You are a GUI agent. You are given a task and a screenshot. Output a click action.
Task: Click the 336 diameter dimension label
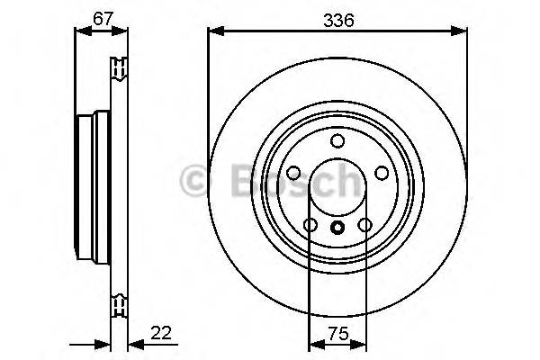coord(338,16)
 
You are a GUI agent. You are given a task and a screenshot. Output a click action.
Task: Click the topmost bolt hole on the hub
coord(337,140)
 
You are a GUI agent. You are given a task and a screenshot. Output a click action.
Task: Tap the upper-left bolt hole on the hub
coord(294,173)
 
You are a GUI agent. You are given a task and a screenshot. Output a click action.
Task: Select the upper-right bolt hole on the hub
coord(381,173)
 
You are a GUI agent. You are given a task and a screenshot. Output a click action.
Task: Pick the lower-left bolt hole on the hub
coord(310,225)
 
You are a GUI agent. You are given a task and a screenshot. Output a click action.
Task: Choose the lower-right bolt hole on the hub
coord(364,225)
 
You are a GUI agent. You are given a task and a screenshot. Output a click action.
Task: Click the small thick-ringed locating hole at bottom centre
coord(337,229)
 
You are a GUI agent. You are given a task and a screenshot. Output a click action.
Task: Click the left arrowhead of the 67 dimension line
coord(79,31)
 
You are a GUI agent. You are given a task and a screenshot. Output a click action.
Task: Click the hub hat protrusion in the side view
coord(85,180)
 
